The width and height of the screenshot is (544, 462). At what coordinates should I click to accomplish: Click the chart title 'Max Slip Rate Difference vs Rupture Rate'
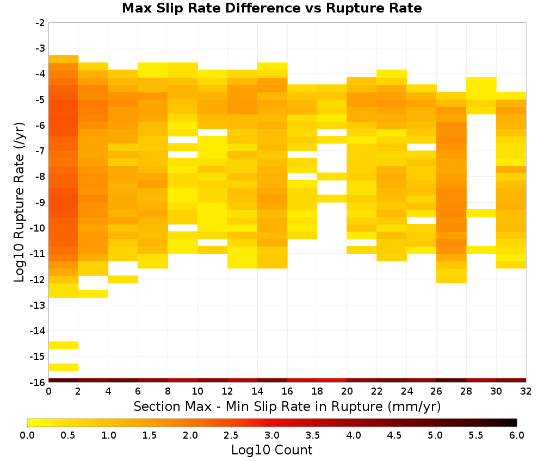(271, 8)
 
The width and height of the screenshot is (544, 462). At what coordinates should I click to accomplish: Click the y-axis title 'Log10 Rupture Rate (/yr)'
(20, 202)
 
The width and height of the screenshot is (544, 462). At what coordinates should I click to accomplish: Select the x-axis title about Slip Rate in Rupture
(287, 406)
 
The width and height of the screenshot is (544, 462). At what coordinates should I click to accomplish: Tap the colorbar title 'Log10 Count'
(271, 450)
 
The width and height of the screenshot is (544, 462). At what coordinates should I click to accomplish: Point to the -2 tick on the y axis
(40, 23)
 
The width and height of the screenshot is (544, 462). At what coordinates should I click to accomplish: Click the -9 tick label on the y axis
(40, 202)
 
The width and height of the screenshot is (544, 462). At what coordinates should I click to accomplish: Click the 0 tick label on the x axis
(48, 391)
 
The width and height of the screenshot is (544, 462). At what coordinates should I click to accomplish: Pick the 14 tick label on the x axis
(257, 391)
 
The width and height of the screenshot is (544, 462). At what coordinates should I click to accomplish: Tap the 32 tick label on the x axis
(526, 391)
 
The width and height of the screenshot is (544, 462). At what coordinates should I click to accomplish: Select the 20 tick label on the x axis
(347, 391)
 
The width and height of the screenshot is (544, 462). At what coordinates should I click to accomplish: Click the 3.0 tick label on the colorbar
(272, 435)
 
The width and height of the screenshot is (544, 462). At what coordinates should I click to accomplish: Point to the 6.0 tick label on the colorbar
(517, 435)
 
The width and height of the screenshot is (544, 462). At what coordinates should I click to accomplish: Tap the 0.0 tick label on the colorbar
(27, 435)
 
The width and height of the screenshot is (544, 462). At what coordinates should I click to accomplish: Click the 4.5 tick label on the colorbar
(394, 435)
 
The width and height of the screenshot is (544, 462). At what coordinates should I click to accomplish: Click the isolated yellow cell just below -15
(64, 367)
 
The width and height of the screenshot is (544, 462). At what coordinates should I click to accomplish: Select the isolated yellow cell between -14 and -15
(64, 345)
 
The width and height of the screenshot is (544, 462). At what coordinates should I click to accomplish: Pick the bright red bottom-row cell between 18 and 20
(332, 380)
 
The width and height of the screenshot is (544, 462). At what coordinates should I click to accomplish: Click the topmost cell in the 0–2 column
(64, 59)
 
